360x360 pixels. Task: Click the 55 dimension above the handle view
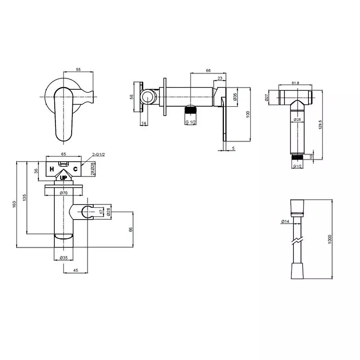click(78, 69)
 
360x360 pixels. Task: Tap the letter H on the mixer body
click(52, 169)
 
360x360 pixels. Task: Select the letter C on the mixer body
click(75, 169)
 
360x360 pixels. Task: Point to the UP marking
click(64, 178)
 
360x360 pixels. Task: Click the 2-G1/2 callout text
click(98, 155)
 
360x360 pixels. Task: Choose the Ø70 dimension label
click(64, 193)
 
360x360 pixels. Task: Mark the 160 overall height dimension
click(14, 204)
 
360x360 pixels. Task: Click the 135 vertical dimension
click(24, 198)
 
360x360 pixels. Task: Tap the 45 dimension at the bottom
click(76, 270)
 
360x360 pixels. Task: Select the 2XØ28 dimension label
click(92, 169)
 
